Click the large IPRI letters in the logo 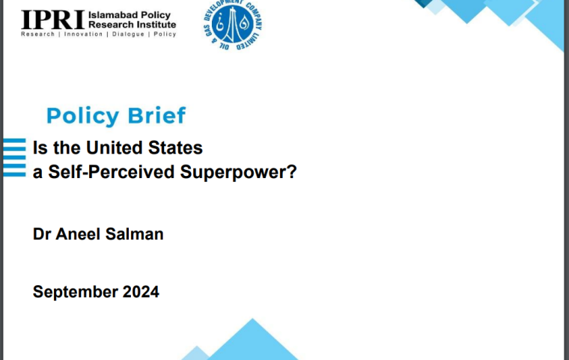[53, 20]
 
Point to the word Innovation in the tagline [83, 34]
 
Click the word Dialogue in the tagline [128, 34]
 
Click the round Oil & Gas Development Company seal [233, 24]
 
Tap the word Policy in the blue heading [83, 116]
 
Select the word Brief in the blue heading [156, 115]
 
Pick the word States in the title [175, 147]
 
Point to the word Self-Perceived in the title [112, 172]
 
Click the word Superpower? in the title [238, 172]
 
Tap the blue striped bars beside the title [14, 157]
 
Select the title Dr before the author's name [42, 234]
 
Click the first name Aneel [78, 234]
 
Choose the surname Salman [134, 234]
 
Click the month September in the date [75, 292]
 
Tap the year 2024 [141, 292]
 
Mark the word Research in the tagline [37, 34]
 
